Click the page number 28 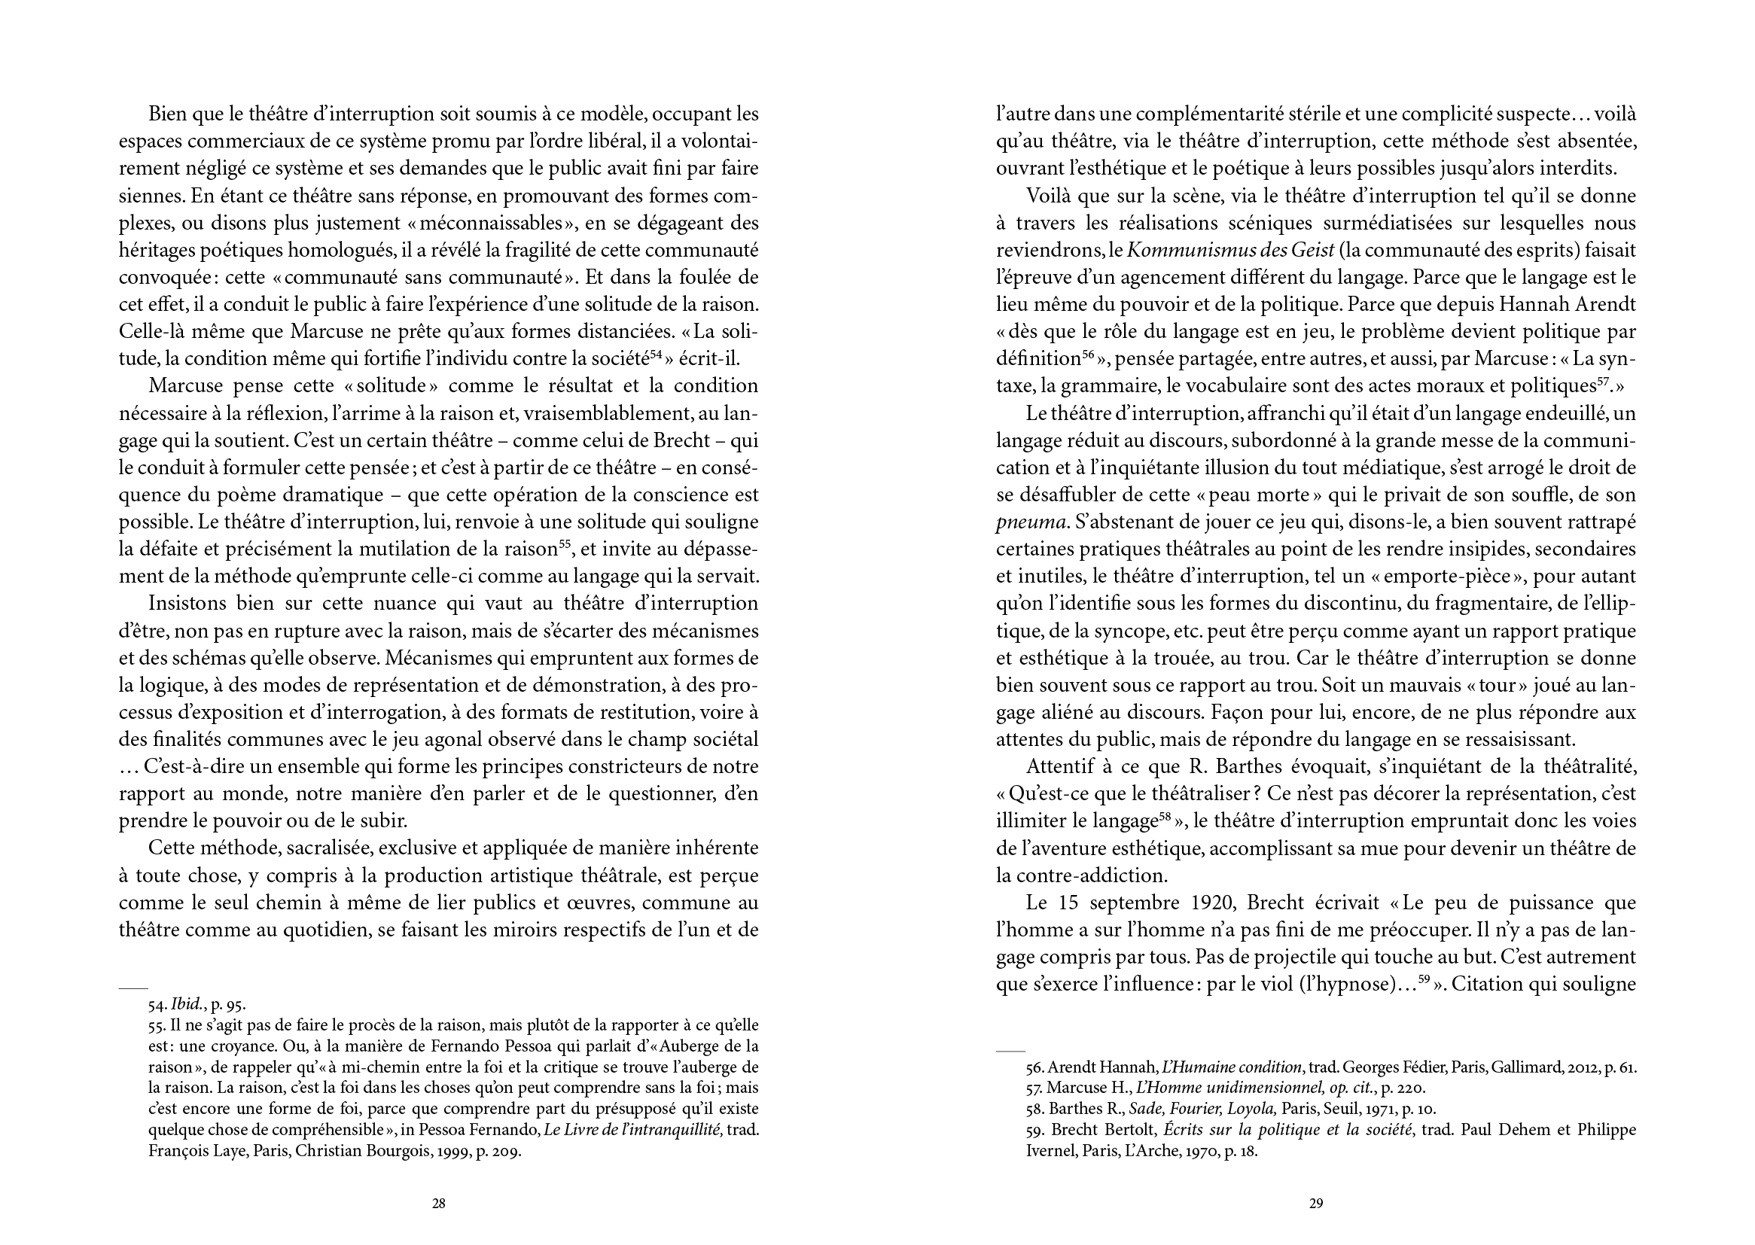pyautogui.click(x=438, y=1204)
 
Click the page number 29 pyautogui.click(x=1315, y=1204)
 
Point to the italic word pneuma pyautogui.click(x=1031, y=523)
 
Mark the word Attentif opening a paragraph pyautogui.click(x=1061, y=767)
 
